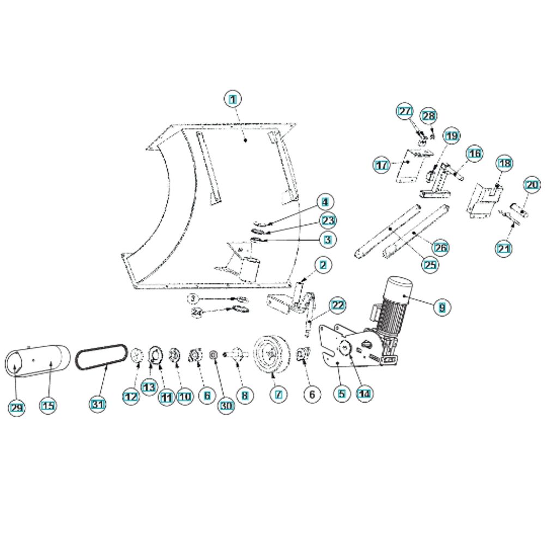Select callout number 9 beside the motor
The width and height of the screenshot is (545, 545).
pos(443,307)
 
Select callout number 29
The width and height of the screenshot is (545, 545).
pos(17,407)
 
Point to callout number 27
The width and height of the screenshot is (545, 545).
pos(405,112)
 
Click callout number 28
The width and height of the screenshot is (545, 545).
pos(429,116)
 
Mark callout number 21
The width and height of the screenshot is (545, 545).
pos(503,250)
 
